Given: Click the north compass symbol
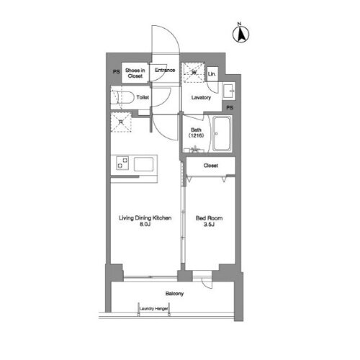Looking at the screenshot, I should [x=240, y=33].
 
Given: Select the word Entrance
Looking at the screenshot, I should [x=165, y=70].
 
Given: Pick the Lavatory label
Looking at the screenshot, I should [x=201, y=98].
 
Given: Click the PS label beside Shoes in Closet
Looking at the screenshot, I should [x=115, y=72].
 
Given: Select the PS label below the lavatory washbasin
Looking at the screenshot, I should [x=230, y=108].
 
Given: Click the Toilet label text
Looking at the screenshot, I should [x=143, y=96].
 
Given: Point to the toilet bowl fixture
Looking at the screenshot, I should [x=121, y=96].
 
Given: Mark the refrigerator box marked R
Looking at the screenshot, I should [x=121, y=121].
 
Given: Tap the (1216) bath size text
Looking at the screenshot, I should [x=197, y=135].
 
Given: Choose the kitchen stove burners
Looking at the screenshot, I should [x=121, y=163].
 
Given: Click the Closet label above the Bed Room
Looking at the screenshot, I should [x=210, y=166].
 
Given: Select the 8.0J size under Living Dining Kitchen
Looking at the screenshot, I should [x=145, y=223].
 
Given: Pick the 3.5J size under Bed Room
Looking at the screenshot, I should [x=210, y=223].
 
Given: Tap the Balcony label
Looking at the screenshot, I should [x=174, y=294].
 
